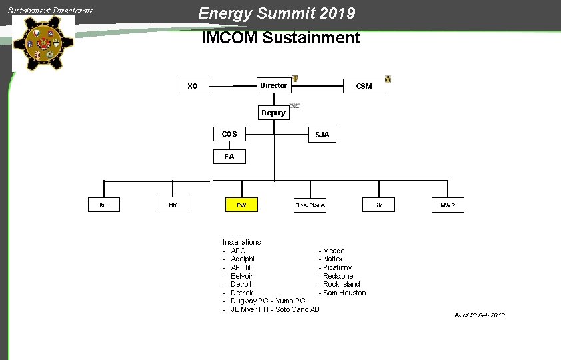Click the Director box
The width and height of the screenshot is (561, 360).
coord(273,85)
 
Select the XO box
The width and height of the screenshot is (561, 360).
coord(193,86)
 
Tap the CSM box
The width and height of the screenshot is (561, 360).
coord(364,86)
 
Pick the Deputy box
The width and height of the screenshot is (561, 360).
coord(273,113)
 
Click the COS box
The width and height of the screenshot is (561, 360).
coord(229,134)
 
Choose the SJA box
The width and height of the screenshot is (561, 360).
coord(322,135)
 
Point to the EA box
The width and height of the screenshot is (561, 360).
coord(229,157)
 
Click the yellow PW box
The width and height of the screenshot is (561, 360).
coord(241,205)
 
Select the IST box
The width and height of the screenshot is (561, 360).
coord(104,205)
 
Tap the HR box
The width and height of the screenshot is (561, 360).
coord(173,205)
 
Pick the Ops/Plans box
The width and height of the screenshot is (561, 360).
coord(310,205)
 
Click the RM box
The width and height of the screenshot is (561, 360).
coord(378,205)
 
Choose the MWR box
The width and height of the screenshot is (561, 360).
coord(448,205)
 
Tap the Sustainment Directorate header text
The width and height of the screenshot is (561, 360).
coord(51,11)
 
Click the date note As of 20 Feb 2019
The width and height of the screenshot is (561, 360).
coord(479,315)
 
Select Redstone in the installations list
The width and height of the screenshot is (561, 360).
coord(338,276)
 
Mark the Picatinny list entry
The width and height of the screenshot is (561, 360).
coord(337,267)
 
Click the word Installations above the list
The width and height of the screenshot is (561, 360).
coord(242,242)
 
